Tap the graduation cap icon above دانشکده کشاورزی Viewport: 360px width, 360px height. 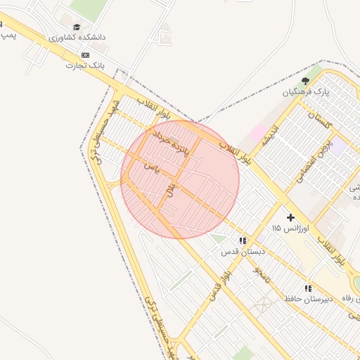(x=76, y=27)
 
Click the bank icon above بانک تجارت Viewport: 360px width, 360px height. (x=85, y=55)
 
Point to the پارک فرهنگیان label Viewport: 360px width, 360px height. (x=305, y=92)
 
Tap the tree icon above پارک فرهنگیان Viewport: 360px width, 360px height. (x=305, y=81)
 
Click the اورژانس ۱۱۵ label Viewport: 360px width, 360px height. (x=286, y=229)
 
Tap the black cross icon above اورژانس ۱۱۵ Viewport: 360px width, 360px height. (x=290, y=217)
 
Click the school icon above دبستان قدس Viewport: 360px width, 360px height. (x=243, y=240)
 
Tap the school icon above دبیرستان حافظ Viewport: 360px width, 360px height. (x=307, y=288)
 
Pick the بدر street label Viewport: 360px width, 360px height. (x=169, y=190)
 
